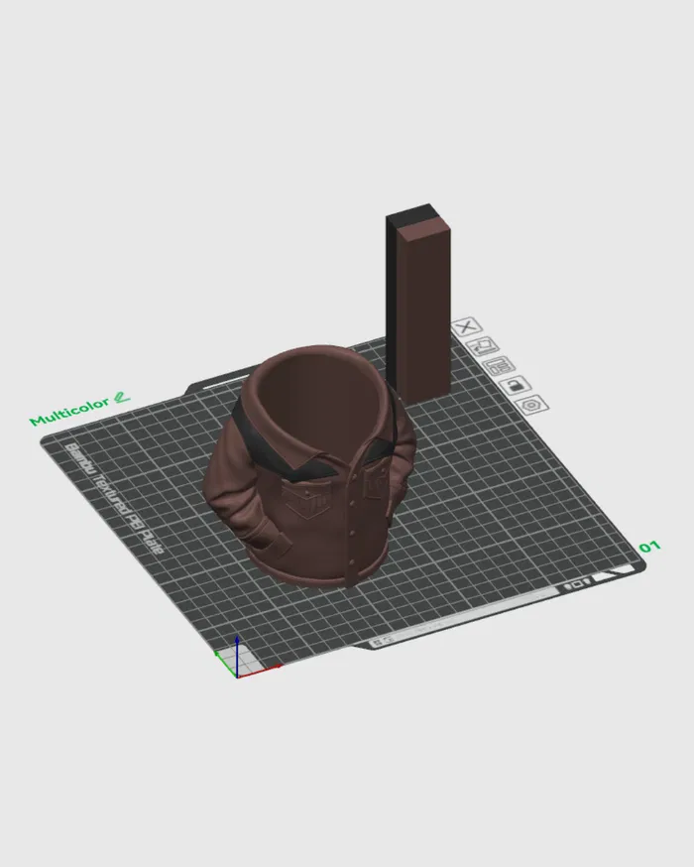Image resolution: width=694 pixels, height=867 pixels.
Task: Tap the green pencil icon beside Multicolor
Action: pos(122,397)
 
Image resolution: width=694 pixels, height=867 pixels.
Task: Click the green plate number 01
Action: pos(649,547)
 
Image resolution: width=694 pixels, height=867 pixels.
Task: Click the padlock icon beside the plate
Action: pos(513,385)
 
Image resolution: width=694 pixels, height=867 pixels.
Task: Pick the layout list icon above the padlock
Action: pos(498,365)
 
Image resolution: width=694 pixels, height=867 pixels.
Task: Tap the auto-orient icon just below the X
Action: pos(483,345)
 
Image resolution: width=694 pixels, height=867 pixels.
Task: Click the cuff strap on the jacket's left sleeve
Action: pos(277,543)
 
